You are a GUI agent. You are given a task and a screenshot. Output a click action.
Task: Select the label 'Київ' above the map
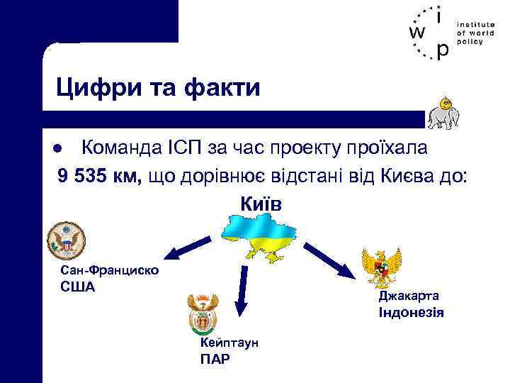(261, 204)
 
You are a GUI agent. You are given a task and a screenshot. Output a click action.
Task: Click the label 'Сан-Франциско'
(110, 271)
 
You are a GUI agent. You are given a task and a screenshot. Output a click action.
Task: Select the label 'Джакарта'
(409, 296)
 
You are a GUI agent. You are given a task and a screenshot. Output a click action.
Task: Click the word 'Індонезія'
(412, 312)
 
